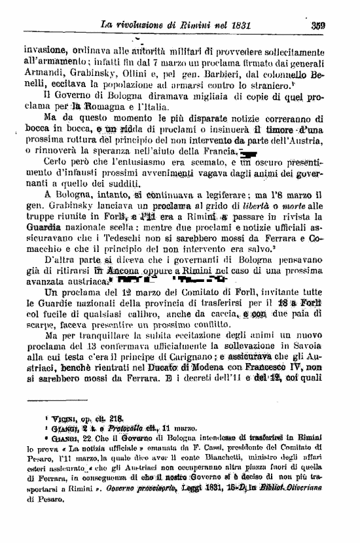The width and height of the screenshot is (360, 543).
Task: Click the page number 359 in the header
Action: (337, 26)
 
